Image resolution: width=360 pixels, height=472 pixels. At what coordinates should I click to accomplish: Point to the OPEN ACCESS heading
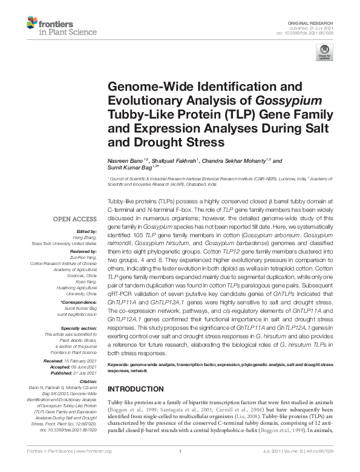[75, 218]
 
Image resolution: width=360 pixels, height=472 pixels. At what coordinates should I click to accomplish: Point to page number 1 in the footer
[180, 451]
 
